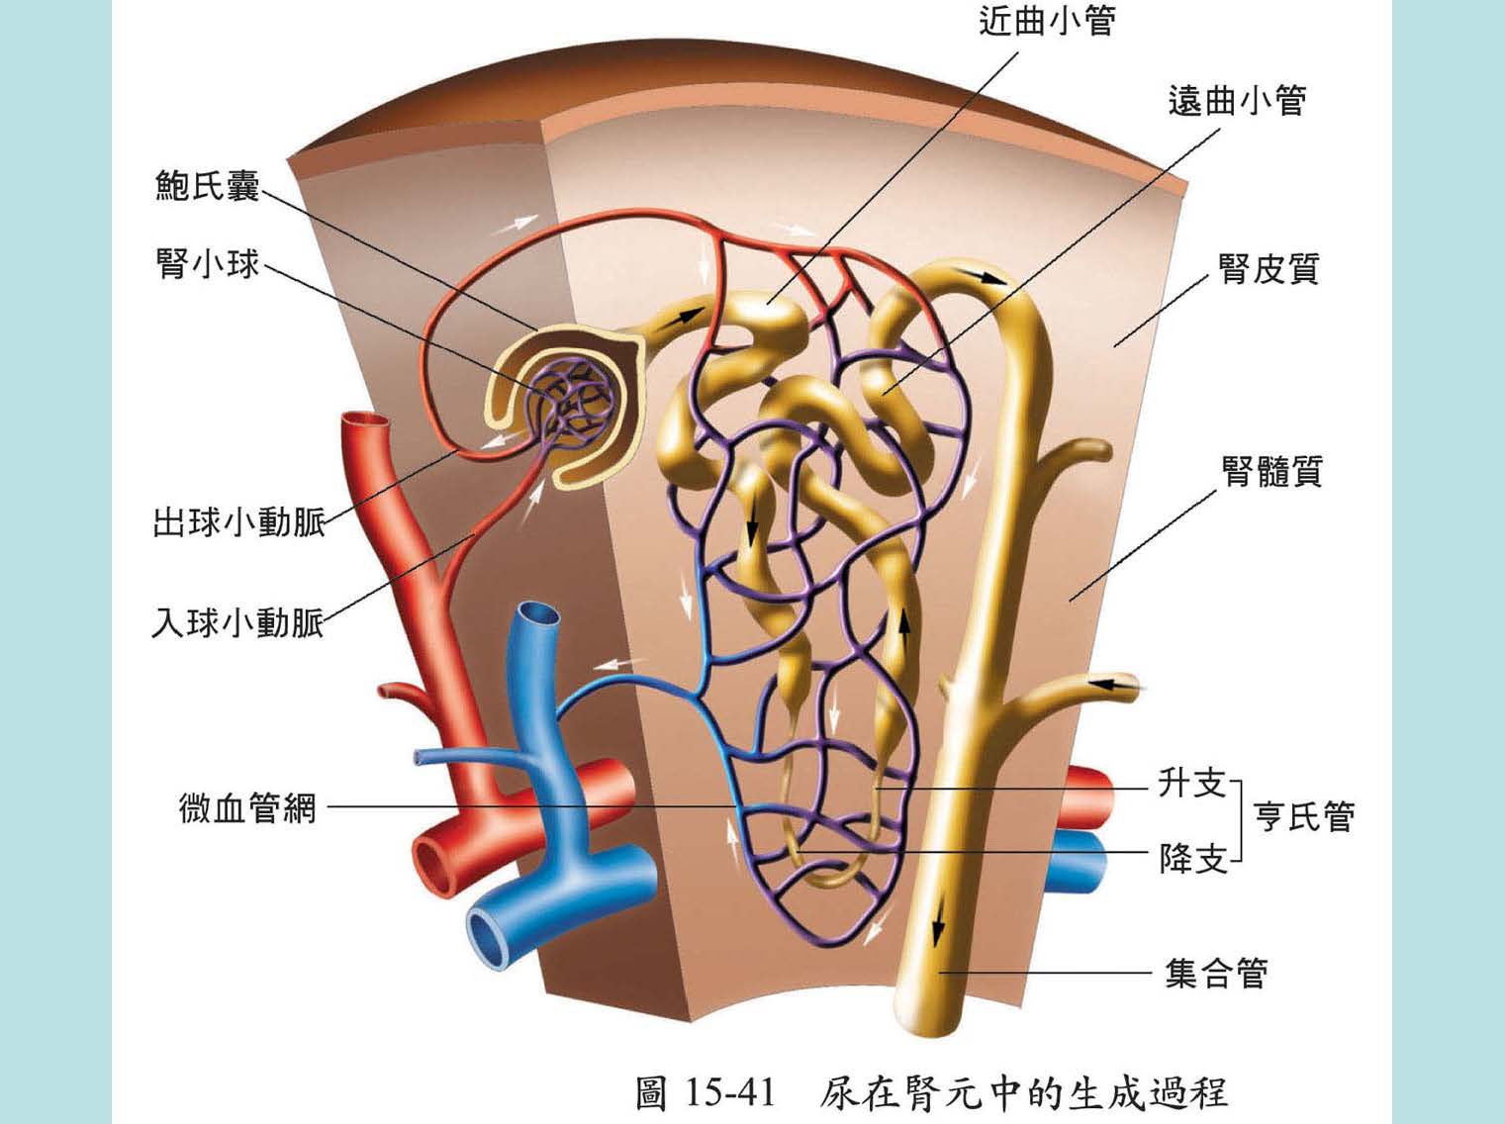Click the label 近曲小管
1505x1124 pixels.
click(x=1047, y=21)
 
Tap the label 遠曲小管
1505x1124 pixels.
click(x=1237, y=100)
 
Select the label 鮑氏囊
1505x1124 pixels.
click(x=207, y=185)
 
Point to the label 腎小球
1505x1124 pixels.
click(x=207, y=264)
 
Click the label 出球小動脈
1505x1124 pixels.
click(x=238, y=521)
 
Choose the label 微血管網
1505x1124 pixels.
click(x=247, y=807)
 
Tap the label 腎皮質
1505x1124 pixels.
click(x=1270, y=268)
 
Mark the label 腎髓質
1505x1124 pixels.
click(x=1271, y=471)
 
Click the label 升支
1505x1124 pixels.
click(x=1192, y=784)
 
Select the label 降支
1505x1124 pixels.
click(x=1192, y=858)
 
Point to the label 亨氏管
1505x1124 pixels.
click(x=1303, y=816)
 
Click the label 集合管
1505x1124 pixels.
click(x=1216, y=974)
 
